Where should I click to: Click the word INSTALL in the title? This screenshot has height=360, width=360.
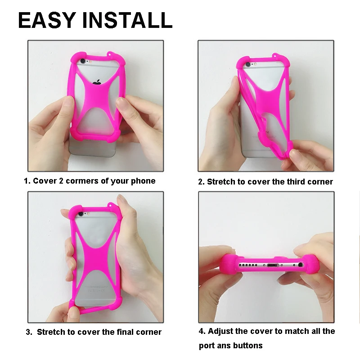(x=131, y=20)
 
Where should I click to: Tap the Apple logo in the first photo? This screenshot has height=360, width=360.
(x=97, y=82)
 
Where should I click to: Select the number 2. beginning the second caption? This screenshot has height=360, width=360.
(x=201, y=182)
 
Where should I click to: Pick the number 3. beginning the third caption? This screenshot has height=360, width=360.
(x=29, y=332)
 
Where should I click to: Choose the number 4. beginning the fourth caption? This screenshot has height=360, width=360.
(x=202, y=331)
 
